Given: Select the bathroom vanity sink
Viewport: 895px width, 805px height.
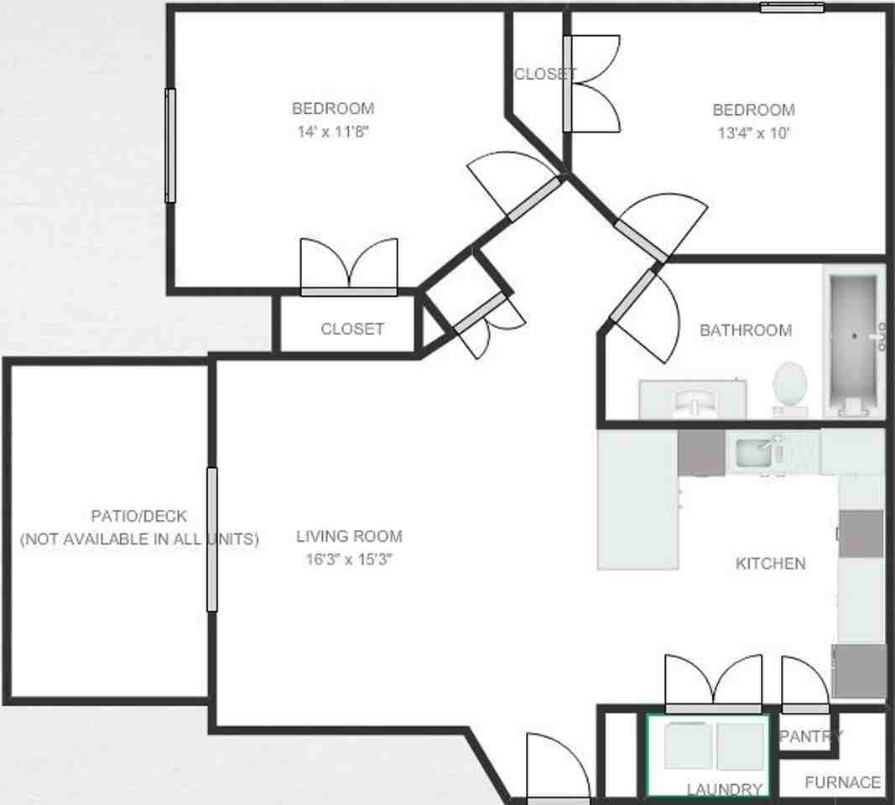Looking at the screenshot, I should click(694, 401).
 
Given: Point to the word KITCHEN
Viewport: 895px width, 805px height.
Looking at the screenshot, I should click(770, 563).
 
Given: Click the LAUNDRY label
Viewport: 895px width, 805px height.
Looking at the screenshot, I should click(724, 789).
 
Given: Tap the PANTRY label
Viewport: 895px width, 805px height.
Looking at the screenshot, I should click(810, 737).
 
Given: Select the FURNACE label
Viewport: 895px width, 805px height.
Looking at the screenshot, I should click(842, 782).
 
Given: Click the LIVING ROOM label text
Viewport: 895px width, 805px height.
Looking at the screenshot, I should click(349, 536).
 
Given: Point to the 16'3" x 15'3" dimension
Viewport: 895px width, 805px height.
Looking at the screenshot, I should click(349, 559).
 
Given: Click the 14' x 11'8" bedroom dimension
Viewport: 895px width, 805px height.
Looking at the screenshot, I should click(333, 131).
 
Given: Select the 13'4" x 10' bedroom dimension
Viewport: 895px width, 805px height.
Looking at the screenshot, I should click(753, 132).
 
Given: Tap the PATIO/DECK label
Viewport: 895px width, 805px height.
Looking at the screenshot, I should click(138, 516).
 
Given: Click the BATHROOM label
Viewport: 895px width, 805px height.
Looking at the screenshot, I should click(746, 330).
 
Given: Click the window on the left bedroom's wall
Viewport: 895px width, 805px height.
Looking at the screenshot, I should click(170, 146).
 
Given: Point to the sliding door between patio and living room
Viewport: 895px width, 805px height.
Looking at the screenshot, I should click(211, 539).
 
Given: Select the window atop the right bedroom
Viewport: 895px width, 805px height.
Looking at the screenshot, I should click(792, 8).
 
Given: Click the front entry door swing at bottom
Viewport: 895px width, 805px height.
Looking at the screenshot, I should click(559, 767).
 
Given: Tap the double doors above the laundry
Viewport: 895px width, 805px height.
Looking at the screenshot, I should click(713, 683).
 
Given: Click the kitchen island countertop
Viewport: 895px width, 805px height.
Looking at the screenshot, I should click(637, 501).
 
